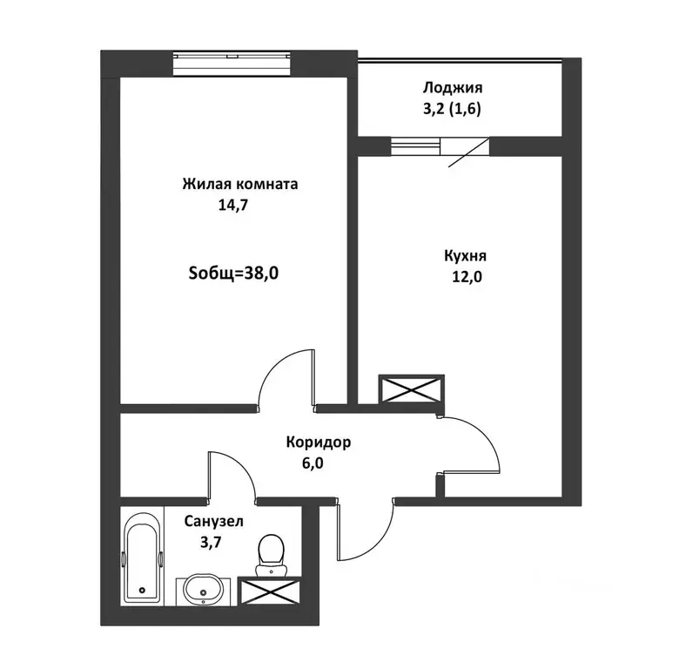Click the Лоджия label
click(453, 88)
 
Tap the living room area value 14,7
click(232, 205)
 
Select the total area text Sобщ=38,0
click(233, 273)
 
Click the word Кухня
click(465, 256)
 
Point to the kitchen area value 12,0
click(467, 277)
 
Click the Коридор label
click(319, 443)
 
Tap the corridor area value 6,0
click(313, 463)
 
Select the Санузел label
click(214, 522)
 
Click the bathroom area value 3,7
click(211, 543)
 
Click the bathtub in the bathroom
click(142, 557)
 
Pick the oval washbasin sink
click(204, 590)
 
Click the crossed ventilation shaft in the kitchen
click(411, 389)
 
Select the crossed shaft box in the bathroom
click(269, 591)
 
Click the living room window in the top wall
click(232, 64)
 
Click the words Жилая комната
click(240, 184)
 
